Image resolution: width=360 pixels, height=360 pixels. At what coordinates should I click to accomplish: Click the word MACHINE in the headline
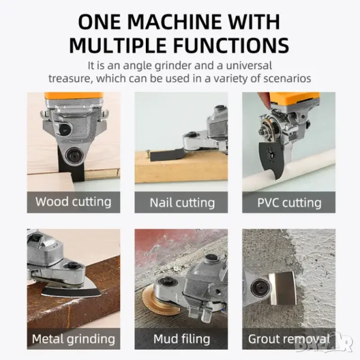(175, 22)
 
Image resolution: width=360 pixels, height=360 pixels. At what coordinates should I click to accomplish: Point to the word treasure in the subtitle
(70, 79)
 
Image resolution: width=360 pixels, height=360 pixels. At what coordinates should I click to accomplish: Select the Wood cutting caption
(73, 202)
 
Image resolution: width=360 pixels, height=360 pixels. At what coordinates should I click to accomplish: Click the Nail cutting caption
(182, 203)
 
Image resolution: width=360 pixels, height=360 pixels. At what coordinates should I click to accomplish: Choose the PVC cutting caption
(289, 203)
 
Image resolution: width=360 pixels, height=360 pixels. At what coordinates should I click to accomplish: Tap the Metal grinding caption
(73, 339)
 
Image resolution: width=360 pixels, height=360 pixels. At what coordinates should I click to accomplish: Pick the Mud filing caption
(181, 339)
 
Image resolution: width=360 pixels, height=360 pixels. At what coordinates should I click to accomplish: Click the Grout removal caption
(289, 339)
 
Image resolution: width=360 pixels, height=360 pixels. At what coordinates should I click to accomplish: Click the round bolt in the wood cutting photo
(73, 155)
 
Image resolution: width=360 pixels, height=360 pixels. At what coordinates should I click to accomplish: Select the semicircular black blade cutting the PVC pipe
(274, 158)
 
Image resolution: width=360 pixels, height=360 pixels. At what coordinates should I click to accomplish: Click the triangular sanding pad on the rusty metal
(71, 290)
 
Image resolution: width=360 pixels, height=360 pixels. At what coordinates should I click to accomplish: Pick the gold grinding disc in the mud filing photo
(155, 300)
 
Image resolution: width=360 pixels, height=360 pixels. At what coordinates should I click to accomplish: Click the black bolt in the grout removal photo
(259, 287)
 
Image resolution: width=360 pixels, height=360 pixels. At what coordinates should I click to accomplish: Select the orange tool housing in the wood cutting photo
(73, 98)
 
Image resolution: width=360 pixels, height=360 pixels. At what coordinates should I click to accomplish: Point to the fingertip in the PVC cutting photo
(264, 100)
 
